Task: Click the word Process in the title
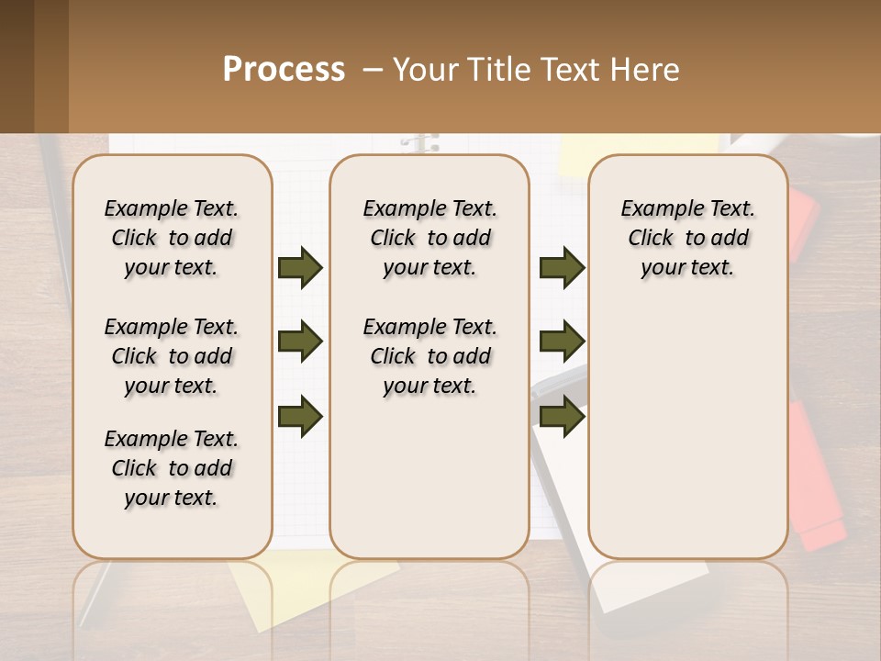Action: point(284,70)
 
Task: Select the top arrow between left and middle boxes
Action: point(300,267)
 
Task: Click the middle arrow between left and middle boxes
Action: point(300,342)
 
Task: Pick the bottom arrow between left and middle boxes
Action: point(300,416)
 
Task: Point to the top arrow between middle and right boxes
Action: point(562,267)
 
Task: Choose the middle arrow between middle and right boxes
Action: point(562,342)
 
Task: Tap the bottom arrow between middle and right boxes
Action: point(562,416)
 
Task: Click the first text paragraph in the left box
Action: point(172,238)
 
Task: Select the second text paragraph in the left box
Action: point(172,356)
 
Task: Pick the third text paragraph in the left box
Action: point(172,468)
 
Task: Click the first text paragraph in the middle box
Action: point(429,238)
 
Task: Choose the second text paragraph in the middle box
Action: point(429,356)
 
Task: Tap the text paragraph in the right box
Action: point(687,238)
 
